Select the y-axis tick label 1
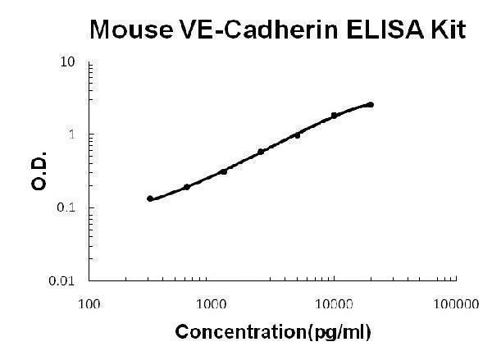[x=73, y=134]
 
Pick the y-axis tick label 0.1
[x=68, y=207]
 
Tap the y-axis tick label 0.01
[x=65, y=280]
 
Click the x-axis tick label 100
[x=90, y=304]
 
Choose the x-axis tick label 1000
[x=212, y=304]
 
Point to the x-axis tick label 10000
[x=334, y=304]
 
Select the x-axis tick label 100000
[x=455, y=304]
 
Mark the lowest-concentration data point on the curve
[x=150, y=198]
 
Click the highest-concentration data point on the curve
[x=371, y=104]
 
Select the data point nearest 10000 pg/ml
[x=334, y=116]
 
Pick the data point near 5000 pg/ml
[x=298, y=134]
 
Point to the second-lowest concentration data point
[x=187, y=187]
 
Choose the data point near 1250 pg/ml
[x=224, y=171]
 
